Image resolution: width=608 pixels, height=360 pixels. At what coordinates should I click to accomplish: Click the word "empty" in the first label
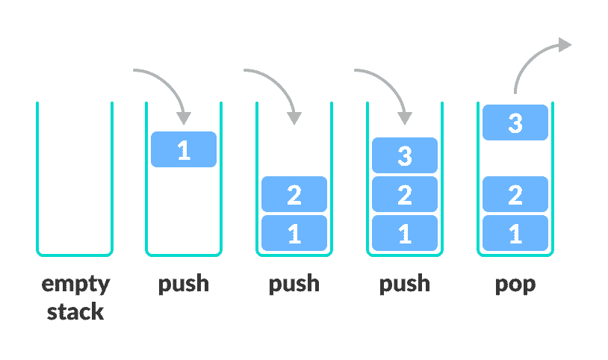click(75, 285)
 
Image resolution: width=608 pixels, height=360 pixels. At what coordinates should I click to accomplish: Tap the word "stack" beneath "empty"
click(75, 311)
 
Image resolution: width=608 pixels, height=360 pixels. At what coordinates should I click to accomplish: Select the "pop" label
click(515, 285)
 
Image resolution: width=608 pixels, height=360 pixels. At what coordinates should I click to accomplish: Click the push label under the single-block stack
click(184, 285)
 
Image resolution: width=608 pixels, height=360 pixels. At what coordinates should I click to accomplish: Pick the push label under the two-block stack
click(294, 285)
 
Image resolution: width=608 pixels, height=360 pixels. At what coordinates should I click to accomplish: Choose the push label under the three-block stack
click(405, 285)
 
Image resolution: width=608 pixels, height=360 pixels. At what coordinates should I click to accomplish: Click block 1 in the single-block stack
click(184, 149)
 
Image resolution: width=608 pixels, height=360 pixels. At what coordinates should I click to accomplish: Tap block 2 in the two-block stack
click(294, 195)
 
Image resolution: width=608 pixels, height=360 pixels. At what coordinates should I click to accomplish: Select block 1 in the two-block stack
click(294, 233)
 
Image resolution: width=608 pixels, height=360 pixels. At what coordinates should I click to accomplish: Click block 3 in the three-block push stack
click(405, 155)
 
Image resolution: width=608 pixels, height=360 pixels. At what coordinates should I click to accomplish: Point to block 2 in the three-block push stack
click(405, 195)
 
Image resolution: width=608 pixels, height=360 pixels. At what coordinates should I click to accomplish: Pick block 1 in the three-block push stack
click(405, 233)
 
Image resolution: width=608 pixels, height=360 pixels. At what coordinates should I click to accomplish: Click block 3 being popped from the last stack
click(515, 122)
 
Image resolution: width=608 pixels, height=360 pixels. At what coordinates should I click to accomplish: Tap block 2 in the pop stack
click(515, 195)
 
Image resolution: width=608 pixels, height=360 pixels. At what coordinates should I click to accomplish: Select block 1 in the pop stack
click(515, 233)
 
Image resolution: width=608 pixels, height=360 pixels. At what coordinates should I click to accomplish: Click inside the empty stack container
click(75, 179)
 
